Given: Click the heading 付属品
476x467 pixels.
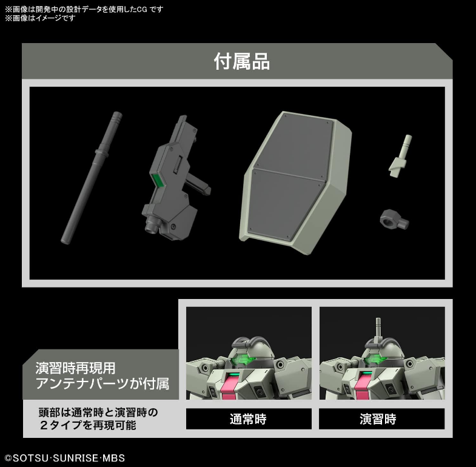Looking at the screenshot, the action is tap(242, 62).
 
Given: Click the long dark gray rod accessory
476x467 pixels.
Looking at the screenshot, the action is tap(92, 178).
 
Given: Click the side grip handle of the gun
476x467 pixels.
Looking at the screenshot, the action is tap(198, 184).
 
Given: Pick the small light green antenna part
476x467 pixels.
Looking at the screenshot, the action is tap(401, 156).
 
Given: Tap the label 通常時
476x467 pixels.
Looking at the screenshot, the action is tap(248, 419).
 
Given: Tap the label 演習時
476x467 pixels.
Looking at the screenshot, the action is tap(378, 419).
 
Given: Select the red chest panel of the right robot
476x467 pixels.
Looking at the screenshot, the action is tap(364, 385).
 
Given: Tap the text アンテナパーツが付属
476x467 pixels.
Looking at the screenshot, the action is tap(102, 384).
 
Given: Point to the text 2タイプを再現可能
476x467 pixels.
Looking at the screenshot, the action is tap(87, 425).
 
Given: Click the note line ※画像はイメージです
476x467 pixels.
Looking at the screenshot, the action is tap(40, 18).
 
